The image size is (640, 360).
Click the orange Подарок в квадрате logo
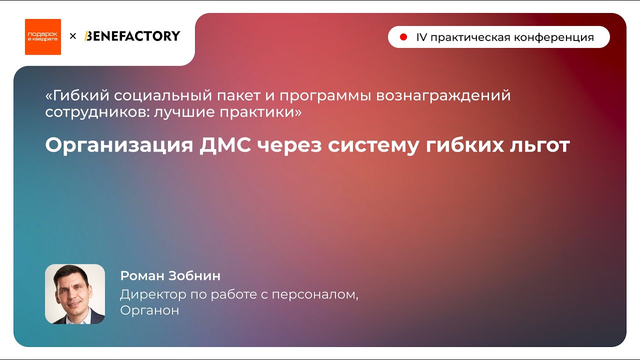pyautogui.click(x=43, y=36)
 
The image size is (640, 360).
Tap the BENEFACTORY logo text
pyautogui.click(x=132, y=36)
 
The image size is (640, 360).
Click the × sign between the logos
pyautogui.click(x=73, y=36)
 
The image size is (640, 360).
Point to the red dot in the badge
pyautogui.click(x=403, y=37)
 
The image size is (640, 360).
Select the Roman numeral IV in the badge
pyautogui.click(x=421, y=37)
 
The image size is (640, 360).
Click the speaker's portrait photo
pyautogui.click(x=75, y=294)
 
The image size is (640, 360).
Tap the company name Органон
pyautogui.click(x=149, y=310)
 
